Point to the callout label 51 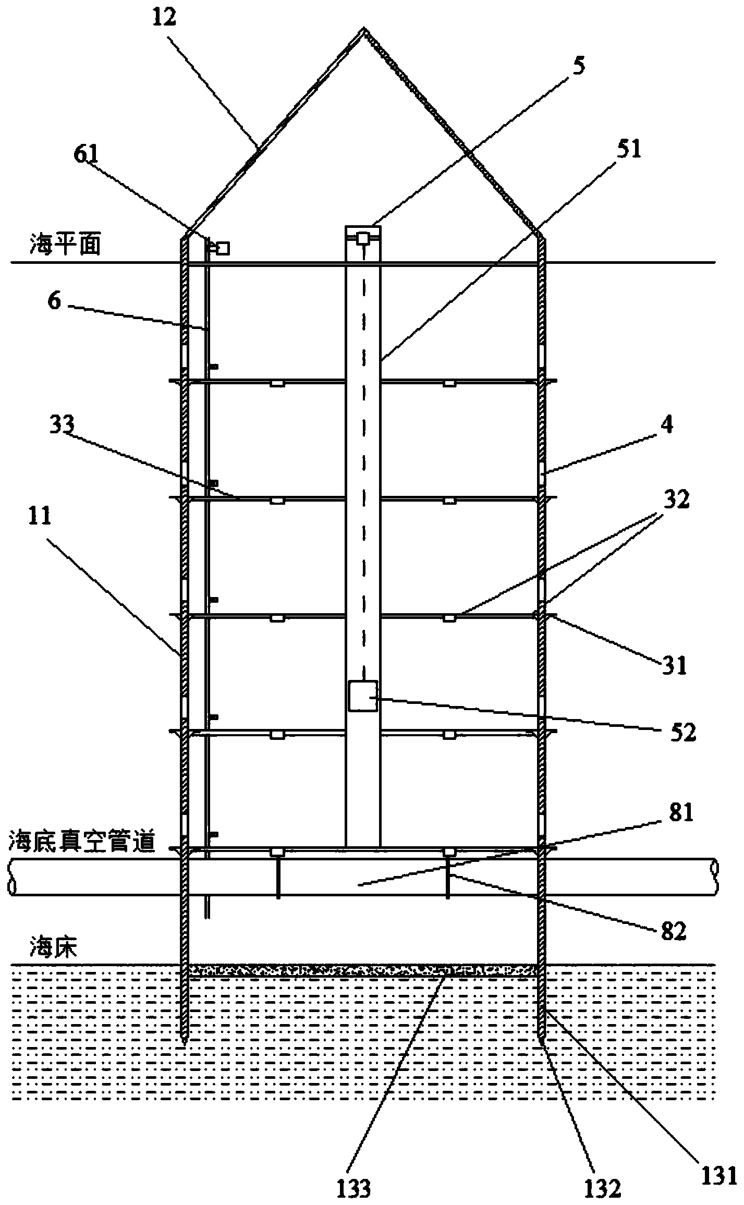point(629,150)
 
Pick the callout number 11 point(40,516)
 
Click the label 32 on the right point(676,500)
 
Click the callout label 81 point(681,813)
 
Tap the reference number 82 point(673,932)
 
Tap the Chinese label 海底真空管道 point(82,843)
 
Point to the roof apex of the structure point(364,28)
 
